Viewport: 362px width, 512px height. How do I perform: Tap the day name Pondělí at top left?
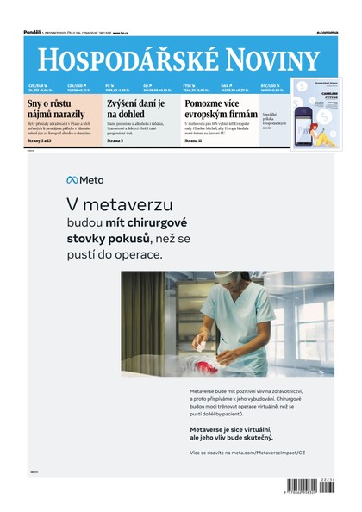(34, 32)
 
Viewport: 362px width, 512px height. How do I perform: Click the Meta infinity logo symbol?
(72, 180)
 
